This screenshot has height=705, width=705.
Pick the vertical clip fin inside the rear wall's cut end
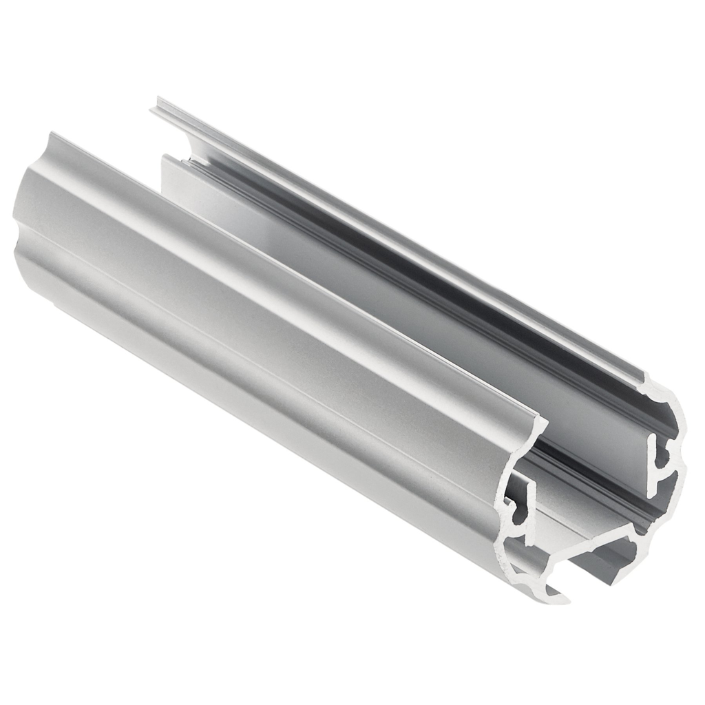pos(654,461)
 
